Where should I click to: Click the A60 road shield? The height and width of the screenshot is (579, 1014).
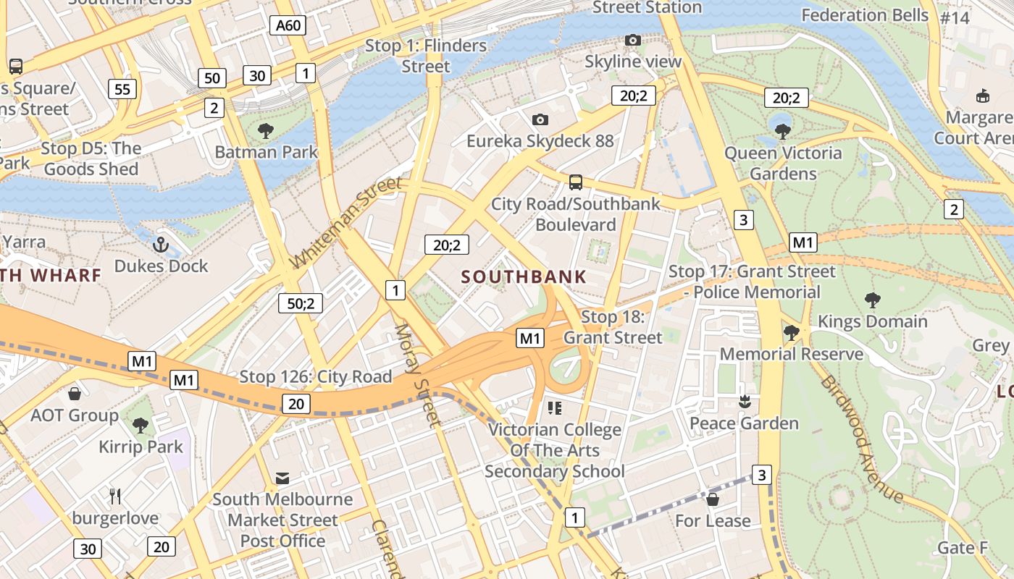pos(288,26)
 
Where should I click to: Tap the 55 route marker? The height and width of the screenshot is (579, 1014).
pos(122,89)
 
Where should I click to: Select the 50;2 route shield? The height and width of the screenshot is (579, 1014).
pos(300,303)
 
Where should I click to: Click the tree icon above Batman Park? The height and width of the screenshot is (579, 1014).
pos(266,131)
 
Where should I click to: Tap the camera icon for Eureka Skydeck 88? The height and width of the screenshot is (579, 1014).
pos(540,119)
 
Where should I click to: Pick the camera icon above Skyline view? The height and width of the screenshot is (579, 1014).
pos(632,40)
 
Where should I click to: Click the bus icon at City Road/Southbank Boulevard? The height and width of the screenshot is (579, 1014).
pos(576,182)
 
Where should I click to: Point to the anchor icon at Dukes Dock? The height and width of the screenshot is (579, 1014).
pos(161,245)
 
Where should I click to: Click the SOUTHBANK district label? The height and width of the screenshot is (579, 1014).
pos(524,276)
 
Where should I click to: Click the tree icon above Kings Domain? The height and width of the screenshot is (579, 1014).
pos(872,300)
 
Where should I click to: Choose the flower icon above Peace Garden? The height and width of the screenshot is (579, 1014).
pos(743,402)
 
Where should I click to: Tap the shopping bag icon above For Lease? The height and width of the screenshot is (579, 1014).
pos(713,499)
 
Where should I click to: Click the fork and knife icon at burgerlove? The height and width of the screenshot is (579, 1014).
pos(115,496)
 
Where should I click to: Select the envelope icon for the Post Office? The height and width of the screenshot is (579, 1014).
pos(282,478)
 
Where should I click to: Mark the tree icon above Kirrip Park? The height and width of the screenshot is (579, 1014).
pos(141,425)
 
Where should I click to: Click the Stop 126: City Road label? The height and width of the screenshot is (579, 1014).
pos(315,376)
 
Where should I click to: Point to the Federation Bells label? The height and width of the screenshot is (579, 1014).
pos(864,15)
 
